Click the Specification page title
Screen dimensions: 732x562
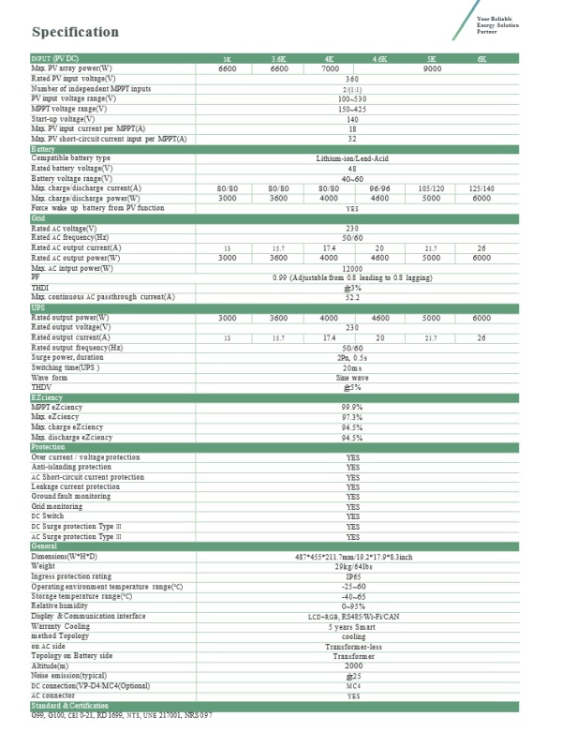[75, 32]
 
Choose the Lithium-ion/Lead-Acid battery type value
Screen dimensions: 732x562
[352, 158]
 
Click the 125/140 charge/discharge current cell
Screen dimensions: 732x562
[481, 187]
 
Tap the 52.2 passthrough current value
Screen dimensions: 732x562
[352, 297]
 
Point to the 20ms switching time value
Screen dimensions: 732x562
[352, 367]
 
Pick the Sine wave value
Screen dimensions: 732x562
[352, 377]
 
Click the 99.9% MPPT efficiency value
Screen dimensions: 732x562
[352, 408]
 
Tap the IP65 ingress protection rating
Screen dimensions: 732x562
[352, 576]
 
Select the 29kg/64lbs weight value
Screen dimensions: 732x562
[352, 566]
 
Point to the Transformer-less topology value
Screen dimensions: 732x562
[352, 647]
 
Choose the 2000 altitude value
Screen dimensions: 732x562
[352, 666]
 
